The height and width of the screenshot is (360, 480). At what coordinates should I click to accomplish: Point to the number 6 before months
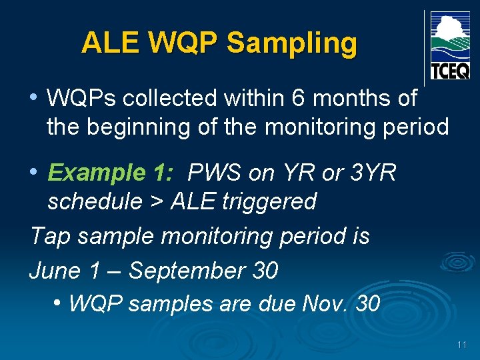click(299, 99)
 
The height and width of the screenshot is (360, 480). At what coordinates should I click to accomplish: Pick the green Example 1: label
click(110, 173)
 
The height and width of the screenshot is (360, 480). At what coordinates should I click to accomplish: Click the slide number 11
click(462, 345)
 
